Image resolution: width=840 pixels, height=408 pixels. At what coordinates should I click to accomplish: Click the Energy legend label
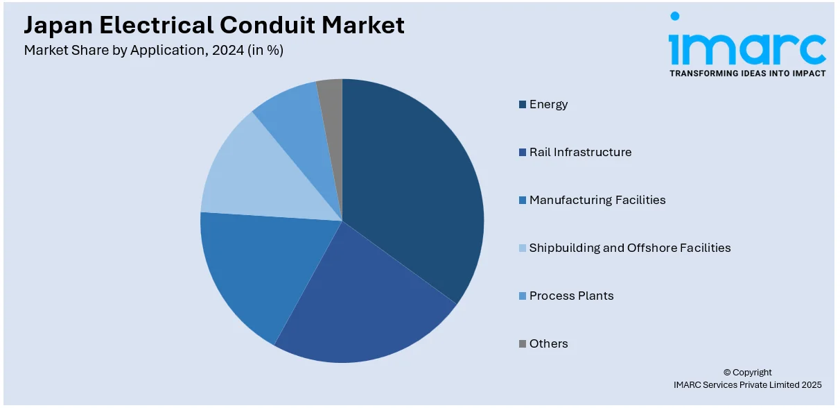tap(548, 104)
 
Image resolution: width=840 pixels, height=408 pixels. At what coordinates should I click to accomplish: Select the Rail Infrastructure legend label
tap(580, 152)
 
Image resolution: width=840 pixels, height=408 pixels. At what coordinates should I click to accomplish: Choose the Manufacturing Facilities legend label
tap(597, 200)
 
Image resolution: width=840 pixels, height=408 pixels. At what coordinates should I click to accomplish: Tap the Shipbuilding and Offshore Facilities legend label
tap(630, 248)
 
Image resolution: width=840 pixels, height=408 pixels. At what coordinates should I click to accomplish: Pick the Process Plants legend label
tap(571, 296)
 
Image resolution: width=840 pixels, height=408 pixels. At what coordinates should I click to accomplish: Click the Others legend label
tap(548, 343)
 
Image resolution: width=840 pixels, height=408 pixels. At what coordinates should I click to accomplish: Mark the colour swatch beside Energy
tap(523, 105)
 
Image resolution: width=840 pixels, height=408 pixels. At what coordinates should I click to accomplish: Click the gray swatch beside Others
tap(523, 344)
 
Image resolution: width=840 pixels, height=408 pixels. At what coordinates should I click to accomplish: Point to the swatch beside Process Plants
tap(523, 296)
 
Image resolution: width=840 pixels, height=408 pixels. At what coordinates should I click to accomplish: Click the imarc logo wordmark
tap(746, 47)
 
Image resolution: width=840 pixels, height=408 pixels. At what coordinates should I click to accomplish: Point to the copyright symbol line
tap(747, 373)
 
